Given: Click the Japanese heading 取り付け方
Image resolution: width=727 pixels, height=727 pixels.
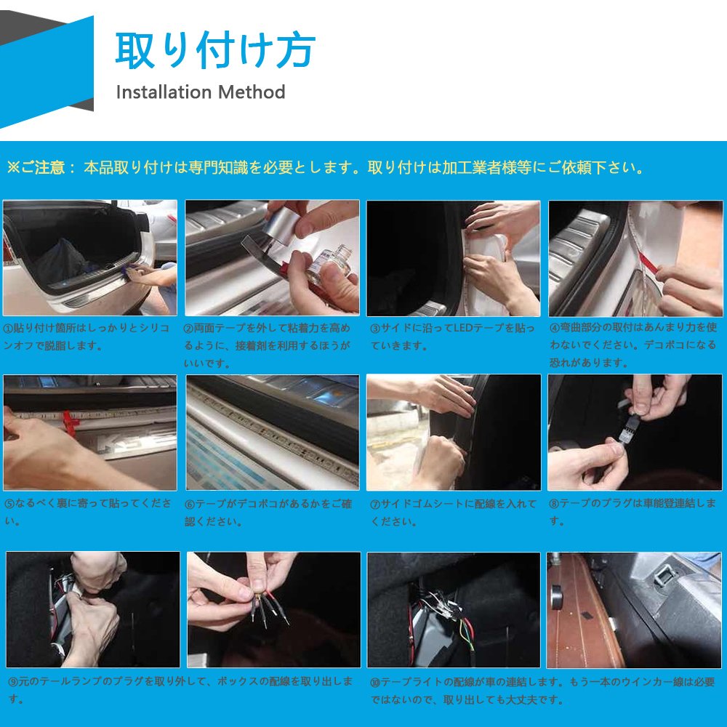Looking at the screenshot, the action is (x=216, y=49).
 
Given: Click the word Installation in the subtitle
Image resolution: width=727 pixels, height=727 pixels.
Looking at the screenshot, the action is (x=164, y=92).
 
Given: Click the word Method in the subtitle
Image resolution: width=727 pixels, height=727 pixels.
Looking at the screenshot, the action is (x=252, y=92).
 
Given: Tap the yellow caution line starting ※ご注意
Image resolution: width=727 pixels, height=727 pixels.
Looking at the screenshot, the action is (x=325, y=167).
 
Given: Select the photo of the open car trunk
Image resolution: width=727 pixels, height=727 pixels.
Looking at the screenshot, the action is (x=90, y=258).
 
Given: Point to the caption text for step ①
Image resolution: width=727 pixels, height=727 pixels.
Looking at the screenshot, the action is (x=87, y=337).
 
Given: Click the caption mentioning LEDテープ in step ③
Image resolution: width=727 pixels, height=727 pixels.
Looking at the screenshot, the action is (x=452, y=337).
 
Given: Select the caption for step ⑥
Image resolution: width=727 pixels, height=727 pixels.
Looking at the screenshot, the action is (x=268, y=513).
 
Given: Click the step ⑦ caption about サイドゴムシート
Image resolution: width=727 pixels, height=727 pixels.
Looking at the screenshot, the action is (x=453, y=513).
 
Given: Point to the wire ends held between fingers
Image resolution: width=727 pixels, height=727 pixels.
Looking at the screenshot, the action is (x=270, y=607).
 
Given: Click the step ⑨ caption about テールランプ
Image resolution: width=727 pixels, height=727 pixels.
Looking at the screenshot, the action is (x=181, y=690).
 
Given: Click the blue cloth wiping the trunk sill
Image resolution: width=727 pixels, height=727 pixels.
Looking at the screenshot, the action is (x=134, y=269).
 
